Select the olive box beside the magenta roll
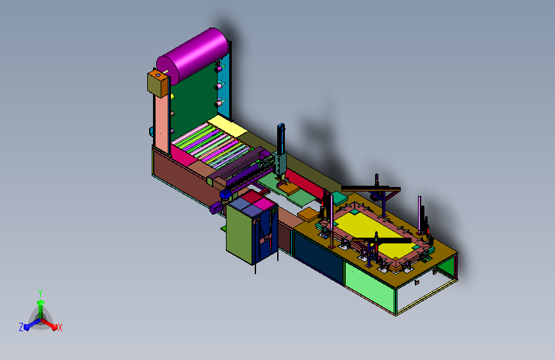coord(157,83)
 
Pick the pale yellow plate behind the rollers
coord(227,126)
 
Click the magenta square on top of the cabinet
coord(263,204)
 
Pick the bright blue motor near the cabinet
coord(225,194)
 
